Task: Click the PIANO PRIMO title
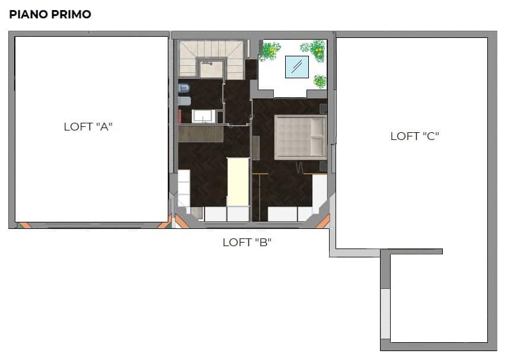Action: coord(50,14)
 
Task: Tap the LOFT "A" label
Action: coord(88,126)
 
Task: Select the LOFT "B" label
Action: coord(247,243)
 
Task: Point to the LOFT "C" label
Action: coord(415,136)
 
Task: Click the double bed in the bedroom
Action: coord(301,137)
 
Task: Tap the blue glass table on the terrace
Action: coord(297,67)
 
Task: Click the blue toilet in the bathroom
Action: coord(184,88)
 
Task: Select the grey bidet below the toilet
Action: coord(184,101)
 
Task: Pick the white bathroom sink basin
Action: coord(204,116)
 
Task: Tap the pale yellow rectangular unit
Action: coord(238,181)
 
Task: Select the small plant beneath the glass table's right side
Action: coord(320,81)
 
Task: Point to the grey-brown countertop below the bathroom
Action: coord(201,134)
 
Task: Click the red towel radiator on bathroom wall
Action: coord(179,116)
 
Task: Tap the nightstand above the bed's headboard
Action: coord(323,109)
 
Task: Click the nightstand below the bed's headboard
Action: coord(323,166)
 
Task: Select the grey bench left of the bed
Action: coord(256,148)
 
